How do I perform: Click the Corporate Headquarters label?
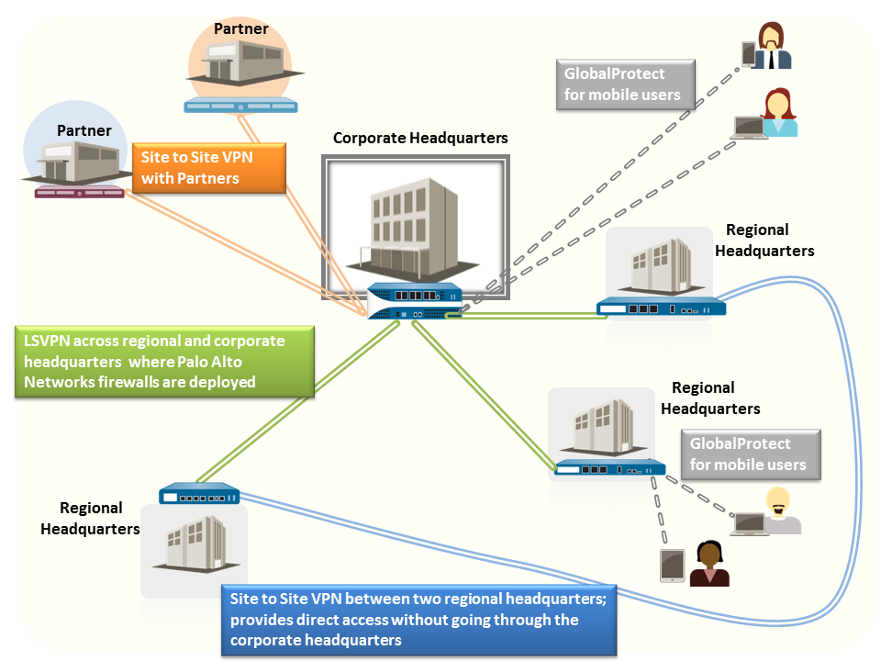419,139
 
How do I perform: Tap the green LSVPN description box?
164,361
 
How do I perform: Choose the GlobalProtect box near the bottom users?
749,454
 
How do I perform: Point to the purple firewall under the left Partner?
79,191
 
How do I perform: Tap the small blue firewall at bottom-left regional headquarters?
199,495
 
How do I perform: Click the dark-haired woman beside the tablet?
709,564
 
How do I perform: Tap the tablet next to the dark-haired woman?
673,566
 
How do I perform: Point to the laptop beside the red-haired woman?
748,128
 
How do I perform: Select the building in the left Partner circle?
79,159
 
